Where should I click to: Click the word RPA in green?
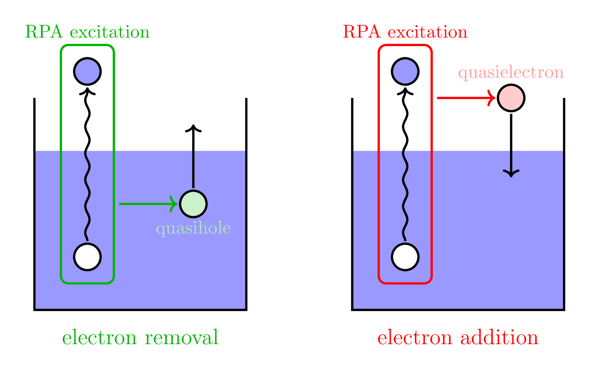pyautogui.click(x=44, y=32)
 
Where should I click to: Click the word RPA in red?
pyautogui.click(x=361, y=32)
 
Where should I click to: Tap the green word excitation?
pyautogui.click(x=110, y=33)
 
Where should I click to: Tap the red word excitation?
pyautogui.click(x=427, y=33)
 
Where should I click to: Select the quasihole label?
pyautogui.click(x=193, y=228)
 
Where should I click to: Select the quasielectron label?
pyautogui.click(x=511, y=73)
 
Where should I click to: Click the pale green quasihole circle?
pyautogui.click(x=193, y=204)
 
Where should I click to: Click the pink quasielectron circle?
pyautogui.click(x=511, y=98)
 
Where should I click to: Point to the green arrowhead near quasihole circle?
pyautogui.click(x=174, y=204)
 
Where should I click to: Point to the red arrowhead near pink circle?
pyautogui.click(x=492, y=98)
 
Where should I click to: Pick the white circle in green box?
pyautogui.click(x=88, y=257)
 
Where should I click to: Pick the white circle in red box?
pyautogui.click(x=405, y=257)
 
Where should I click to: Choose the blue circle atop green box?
pyautogui.click(x=88, y=71)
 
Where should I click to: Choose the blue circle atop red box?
pyautogui.click(x=405, y=71)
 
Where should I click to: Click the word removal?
pyautogui.click(x=182, y=337)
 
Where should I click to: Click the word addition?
pyautogui.click(x=499, y=337)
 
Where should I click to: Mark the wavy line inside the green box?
pyautogui.click(x=87, y=195)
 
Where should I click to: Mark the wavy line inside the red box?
pyautogui.click(x=405, y=195)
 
